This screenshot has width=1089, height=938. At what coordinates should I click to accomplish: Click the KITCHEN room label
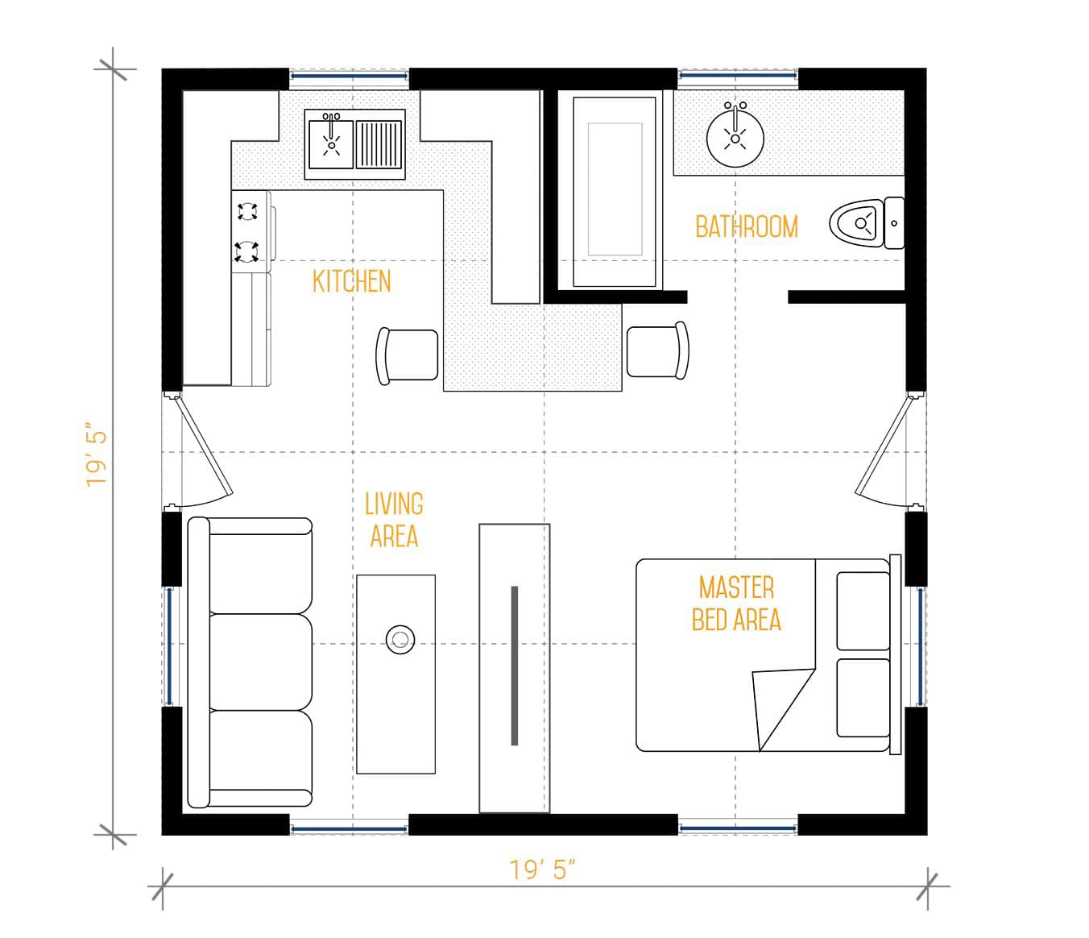351,281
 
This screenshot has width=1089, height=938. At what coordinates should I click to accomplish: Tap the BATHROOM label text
747,226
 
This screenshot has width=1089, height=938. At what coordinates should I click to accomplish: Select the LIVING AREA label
394,520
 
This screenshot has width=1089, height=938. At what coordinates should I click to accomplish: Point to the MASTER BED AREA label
736,604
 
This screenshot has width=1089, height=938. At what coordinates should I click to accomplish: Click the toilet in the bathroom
867,223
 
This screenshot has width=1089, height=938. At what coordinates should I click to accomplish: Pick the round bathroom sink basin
735,139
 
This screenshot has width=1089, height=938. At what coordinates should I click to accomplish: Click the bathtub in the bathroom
615,192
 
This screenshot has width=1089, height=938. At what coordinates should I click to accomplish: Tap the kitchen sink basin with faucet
331,143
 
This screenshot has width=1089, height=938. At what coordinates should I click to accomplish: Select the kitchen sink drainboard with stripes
379,144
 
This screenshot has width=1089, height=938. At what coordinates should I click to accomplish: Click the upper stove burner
247,211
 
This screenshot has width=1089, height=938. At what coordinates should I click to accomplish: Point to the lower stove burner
246,251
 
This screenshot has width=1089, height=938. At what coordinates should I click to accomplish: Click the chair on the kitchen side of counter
407,355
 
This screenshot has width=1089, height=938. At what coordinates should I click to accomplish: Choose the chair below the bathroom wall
657,351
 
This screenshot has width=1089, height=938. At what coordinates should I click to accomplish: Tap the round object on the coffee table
400,640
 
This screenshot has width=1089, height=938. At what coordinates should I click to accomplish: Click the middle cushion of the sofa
261,662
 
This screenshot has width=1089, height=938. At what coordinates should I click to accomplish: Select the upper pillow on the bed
863,611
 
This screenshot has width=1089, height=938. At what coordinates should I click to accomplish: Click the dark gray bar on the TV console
515,666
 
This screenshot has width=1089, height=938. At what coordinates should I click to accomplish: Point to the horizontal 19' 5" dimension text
542,870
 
